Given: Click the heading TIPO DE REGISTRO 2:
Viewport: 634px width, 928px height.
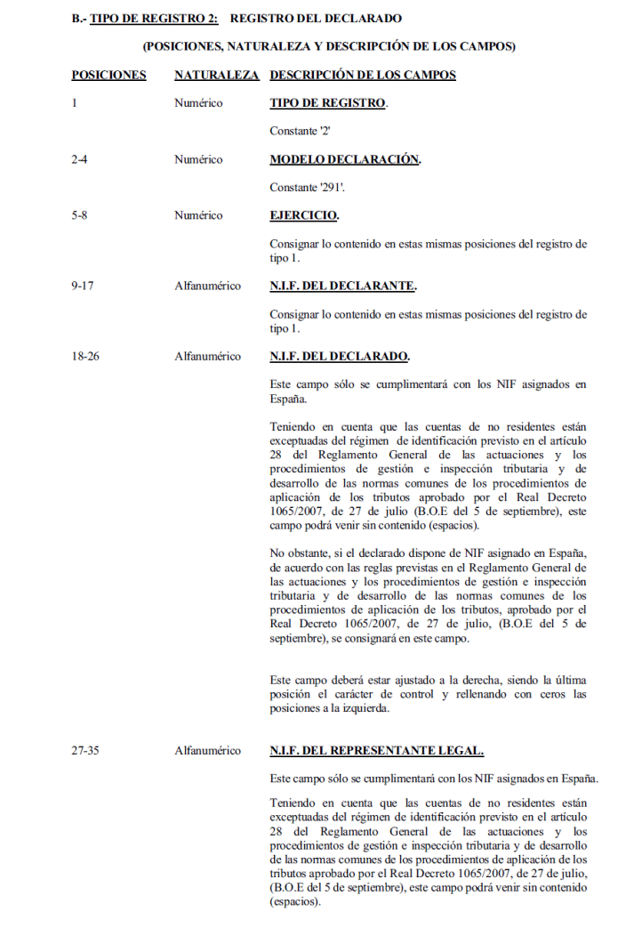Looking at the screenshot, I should [154, 18].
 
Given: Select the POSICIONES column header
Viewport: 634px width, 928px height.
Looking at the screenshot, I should [108, 75].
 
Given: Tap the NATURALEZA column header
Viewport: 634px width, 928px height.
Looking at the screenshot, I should [217, 75].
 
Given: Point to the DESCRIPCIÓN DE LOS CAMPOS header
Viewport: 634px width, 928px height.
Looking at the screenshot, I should [363, 75].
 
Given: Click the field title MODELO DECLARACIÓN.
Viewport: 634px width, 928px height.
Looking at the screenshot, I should [345, 160].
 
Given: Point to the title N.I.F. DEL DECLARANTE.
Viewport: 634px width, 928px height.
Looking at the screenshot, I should [343, 286].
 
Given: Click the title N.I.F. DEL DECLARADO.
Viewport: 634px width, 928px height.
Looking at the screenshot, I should [340, 357].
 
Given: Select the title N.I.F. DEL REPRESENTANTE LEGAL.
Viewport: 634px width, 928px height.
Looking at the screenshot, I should [376, 751].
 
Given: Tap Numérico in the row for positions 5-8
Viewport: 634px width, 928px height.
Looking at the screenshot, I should [198, 216].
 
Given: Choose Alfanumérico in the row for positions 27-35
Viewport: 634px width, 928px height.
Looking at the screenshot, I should [207, 751].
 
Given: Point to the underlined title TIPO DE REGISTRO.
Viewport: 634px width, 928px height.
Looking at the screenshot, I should [328, 103].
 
